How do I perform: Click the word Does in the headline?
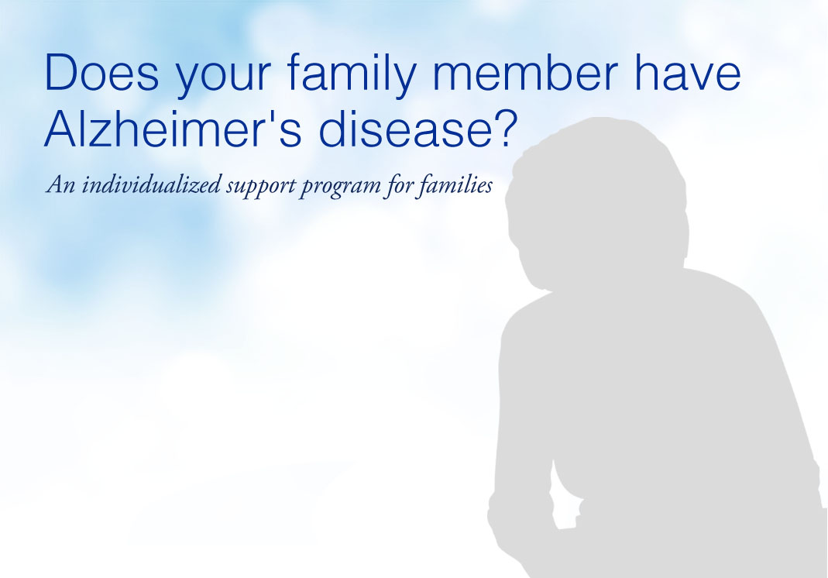[x=102, y=72]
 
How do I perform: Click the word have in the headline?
[x=688, y=72]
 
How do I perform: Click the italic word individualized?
[x=152, y=185]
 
